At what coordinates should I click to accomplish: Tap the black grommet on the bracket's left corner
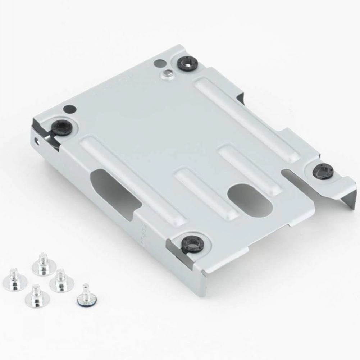click(x=62, y=126)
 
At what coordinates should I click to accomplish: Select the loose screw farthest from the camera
click(x=44, y=265)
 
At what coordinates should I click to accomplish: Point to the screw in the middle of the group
click(x=61, y=281)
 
